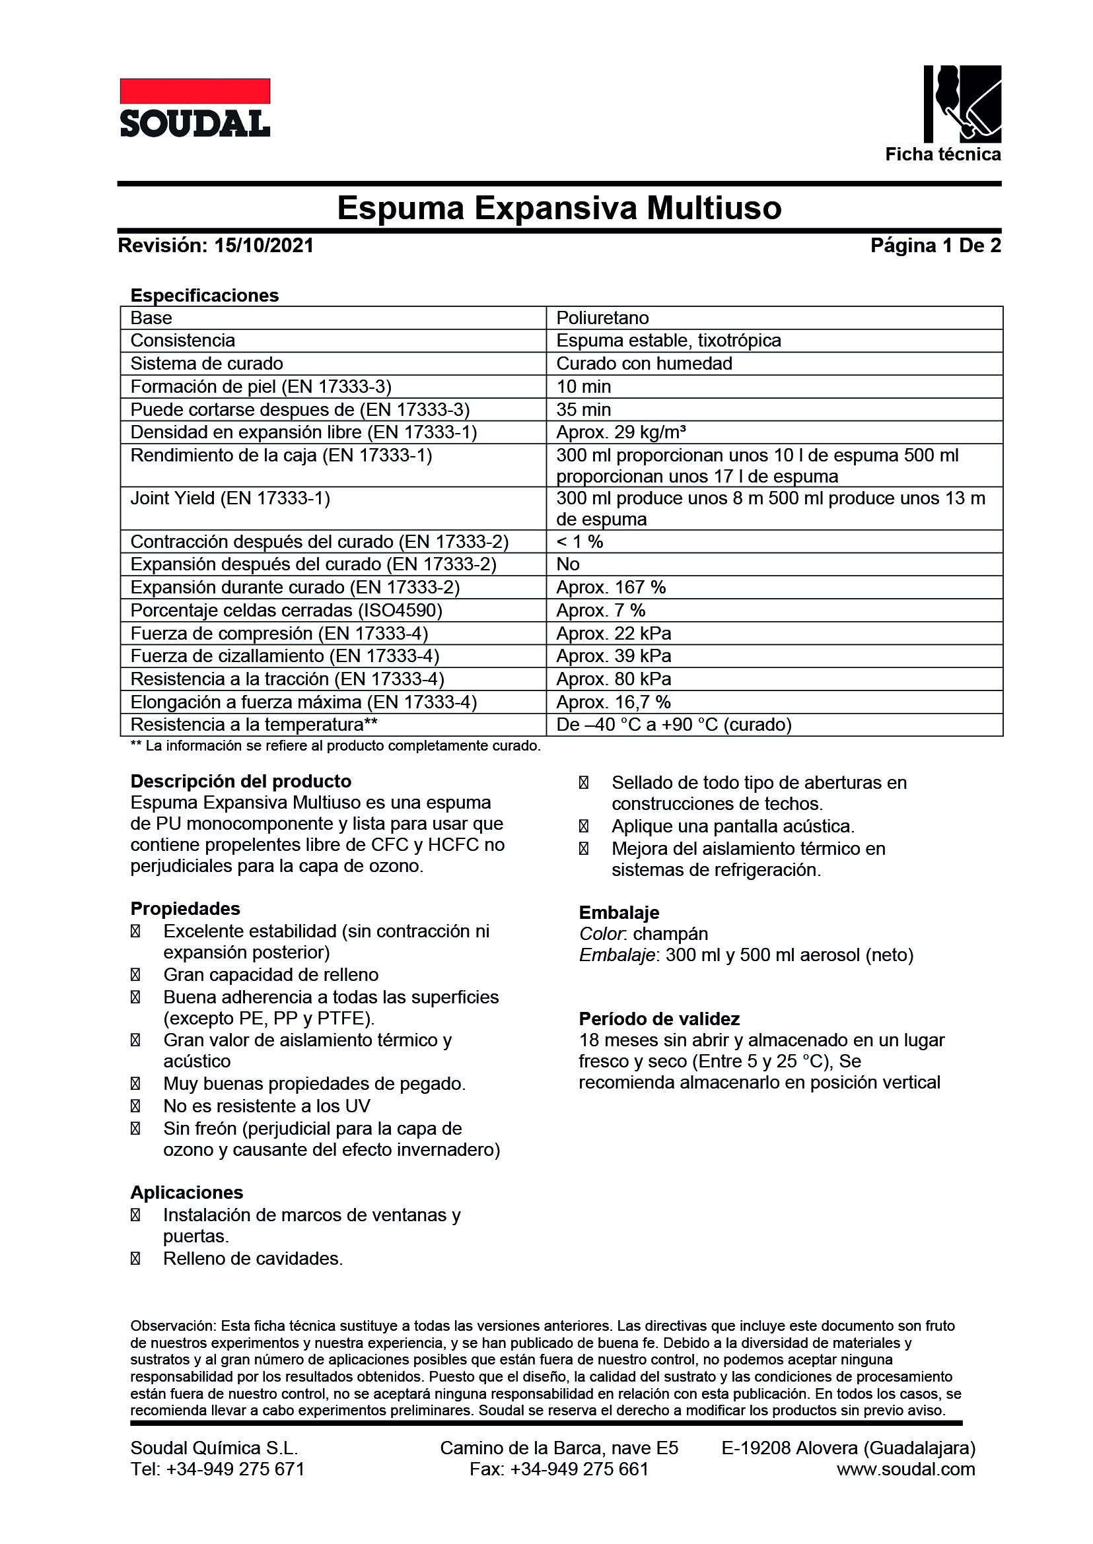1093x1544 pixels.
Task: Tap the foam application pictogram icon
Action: pos(962,104)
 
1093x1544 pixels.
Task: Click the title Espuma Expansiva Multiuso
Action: pos(559,208)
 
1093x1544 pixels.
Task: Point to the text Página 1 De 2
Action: pos(935,246)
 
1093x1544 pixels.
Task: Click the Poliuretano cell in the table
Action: pos(602,318)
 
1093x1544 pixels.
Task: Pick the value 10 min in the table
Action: pos(584,387)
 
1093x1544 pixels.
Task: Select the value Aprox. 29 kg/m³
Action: pos(621,432)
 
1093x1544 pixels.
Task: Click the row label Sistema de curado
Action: pos(207,364)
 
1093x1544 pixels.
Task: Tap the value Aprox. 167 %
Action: pos(610,587)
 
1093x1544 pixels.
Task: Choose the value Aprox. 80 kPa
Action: pos(613,679)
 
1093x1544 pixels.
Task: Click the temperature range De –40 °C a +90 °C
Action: pos(673,725)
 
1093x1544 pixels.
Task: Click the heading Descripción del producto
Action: pos(240,781)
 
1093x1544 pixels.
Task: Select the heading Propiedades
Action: pos(185,908)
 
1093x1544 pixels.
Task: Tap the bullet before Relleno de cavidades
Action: pos(135,1259)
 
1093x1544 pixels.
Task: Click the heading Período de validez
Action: pos(659,1019)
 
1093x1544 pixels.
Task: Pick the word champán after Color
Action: pos(670,934)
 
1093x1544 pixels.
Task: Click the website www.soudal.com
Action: pos(905,1469)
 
